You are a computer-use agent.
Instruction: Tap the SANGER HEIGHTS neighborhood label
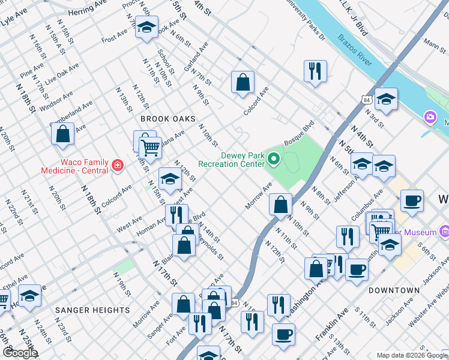point(92,310)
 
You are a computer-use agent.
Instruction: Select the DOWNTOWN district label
point(394,290)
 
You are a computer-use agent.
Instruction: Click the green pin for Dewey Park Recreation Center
point(274,159)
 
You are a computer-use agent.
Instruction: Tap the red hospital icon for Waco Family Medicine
point(118,166)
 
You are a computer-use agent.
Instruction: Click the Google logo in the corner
point(20,353)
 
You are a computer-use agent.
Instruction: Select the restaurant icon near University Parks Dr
point(315,71)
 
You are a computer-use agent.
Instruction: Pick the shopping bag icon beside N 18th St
point(63,134)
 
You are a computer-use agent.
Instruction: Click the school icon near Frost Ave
point(146,27)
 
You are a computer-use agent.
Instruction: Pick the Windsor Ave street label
point(57,98)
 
